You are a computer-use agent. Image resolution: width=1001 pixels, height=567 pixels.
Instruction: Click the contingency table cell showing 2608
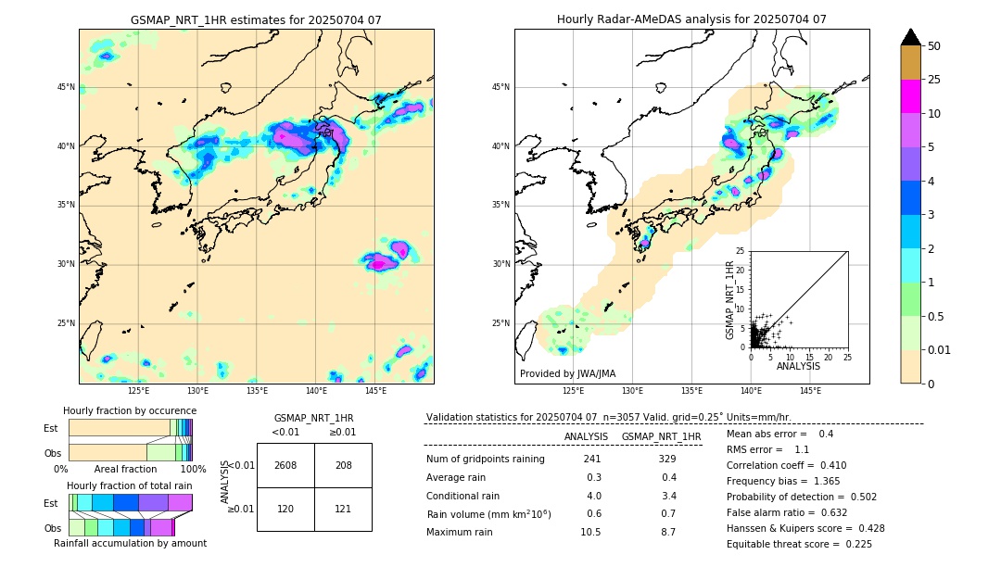pyautogui.click(x=285, y=465)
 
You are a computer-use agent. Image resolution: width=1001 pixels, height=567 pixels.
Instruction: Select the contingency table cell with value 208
pyautogui.click(x=343, y=465)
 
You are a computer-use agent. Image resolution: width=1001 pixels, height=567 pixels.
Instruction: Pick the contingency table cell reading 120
pyautogui.click(x=285, y=510)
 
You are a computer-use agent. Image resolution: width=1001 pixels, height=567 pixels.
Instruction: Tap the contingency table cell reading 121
pyautogui.click(x=343, y=510)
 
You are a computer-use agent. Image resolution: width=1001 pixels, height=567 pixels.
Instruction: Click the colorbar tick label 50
pyautogui.click(x=934, y=46)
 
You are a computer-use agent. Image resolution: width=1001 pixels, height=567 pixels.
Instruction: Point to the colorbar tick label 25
pyautogui.click(x=934, y=80)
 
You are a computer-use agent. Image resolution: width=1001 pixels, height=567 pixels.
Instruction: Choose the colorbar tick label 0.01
pyautogui.click(x=938, y=349)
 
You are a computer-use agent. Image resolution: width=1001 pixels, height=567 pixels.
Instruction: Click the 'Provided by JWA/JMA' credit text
pyautogui.click(x=567, y=374)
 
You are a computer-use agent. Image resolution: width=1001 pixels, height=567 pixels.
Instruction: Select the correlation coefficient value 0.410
pyautogui.click(x=828, y=465)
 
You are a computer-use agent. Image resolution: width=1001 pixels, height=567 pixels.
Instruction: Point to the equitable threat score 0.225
pyautogui.click(x=854, y=544)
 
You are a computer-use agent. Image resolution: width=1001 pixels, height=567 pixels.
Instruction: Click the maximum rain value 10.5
pyautogui.click(x=591, y=532)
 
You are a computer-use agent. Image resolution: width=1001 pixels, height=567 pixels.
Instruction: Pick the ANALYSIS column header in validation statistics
pyautogui.click(x=586, y=436)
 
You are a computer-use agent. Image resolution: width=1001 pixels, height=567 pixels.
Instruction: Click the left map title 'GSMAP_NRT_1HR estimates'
pyautogui.click(x=256, y=19)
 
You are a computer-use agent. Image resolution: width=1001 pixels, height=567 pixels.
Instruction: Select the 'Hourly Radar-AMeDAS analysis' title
pyautogui.click(x=691, y=19)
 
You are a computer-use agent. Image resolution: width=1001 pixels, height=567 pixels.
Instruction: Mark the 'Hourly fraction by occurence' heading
pyautogui.click(x=130, y=410)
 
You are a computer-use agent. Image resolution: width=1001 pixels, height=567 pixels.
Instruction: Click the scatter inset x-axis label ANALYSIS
pyautogui.click(x=798, y=366)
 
